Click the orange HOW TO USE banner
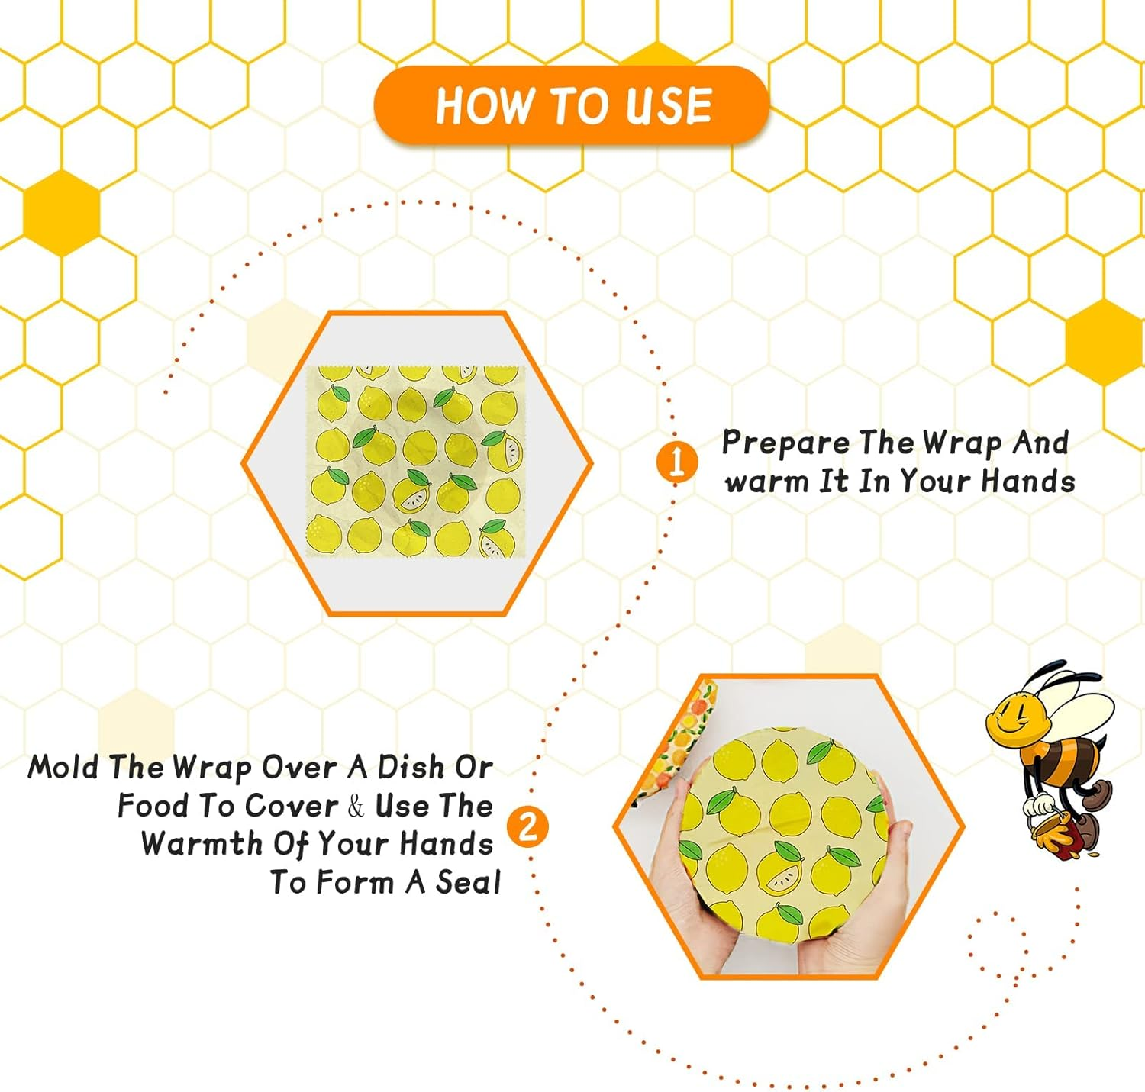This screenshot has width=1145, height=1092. [572, 105]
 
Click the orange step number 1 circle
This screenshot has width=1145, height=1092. [677, 462]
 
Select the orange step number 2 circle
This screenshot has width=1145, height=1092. [528, 826]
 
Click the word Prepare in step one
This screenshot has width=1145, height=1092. [786, 443]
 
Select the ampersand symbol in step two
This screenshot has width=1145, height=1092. [356, 806]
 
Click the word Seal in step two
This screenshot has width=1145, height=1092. [468, 882]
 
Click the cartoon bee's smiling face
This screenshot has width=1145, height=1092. [1016, 718]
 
